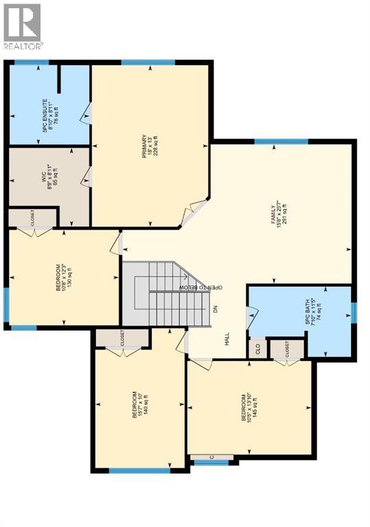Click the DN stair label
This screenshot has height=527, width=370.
216,309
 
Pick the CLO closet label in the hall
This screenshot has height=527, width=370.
258,348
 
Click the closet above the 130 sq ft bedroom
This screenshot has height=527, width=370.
32,219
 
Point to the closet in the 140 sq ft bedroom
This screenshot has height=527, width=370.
122,338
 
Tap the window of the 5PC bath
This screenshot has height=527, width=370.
354,312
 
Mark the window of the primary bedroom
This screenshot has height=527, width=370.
140,63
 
